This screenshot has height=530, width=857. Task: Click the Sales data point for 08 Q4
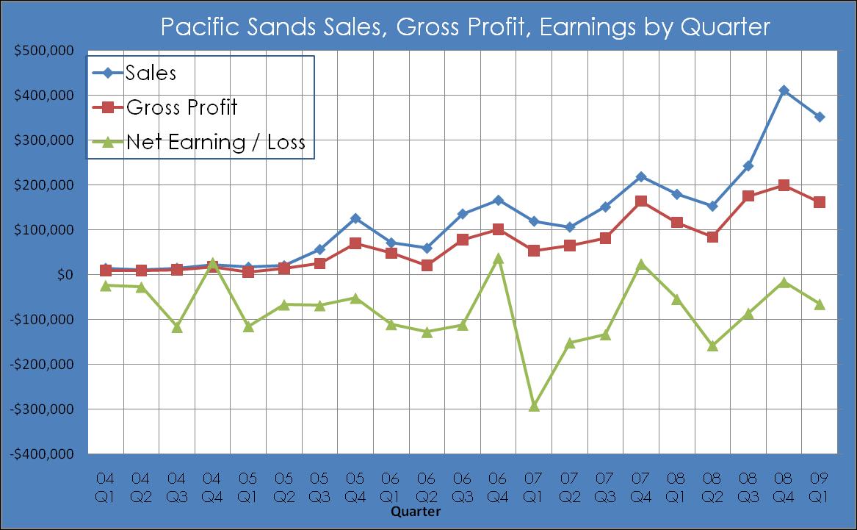point(784,90)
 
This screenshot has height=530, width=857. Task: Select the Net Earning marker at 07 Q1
point(534,406)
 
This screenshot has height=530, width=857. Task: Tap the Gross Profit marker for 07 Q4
point(641,201)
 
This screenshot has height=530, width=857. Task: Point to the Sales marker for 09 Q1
point(820,117)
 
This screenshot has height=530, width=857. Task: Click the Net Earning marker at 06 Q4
point(499,258)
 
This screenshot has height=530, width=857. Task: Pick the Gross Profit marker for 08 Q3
point(748,196)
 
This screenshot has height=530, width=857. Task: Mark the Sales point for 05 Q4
point(355,218)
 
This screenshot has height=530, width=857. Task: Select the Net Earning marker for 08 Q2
point(712,345)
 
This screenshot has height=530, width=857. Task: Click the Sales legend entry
point(151,73)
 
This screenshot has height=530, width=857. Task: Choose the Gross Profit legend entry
point(181,107)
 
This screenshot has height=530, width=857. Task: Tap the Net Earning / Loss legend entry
point(215,142)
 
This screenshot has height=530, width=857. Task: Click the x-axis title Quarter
point(416,511)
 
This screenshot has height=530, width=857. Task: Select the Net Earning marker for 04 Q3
point(177,326)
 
